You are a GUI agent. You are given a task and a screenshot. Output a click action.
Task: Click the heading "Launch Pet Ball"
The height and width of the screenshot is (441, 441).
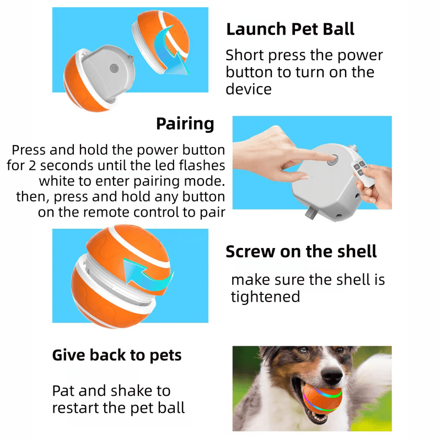pos(291,29)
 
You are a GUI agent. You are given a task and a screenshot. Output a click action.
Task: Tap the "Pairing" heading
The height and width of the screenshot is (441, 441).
pos(185,123)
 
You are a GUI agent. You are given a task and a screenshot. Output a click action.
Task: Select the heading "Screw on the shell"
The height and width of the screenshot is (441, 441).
pos(301,251)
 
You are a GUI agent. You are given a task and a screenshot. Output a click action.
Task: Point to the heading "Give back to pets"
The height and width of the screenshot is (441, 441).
pos(117,355)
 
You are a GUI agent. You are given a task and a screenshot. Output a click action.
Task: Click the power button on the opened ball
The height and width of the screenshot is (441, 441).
pos(114,68)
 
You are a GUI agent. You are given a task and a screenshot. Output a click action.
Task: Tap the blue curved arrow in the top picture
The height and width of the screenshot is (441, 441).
pos(171,51)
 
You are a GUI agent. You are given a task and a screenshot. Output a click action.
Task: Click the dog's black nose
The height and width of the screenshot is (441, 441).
pos(332,375)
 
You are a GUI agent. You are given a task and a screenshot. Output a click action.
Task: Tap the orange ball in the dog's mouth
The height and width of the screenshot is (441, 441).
pos(322,399)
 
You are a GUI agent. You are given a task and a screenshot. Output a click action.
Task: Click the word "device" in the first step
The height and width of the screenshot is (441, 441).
pos(249,89)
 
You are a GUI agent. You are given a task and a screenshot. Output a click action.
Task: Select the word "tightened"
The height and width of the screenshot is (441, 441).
pos(266,297)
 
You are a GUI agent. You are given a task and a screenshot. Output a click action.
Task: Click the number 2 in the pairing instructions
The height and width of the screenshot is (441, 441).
pos(33,166)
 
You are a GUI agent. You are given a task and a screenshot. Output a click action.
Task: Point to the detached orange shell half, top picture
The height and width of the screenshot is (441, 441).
pos(161,42)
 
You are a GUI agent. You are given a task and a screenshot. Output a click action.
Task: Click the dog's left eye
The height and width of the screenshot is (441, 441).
pos(302,351)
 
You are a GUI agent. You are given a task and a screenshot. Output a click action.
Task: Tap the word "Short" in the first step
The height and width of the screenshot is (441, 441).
pos(245,55)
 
